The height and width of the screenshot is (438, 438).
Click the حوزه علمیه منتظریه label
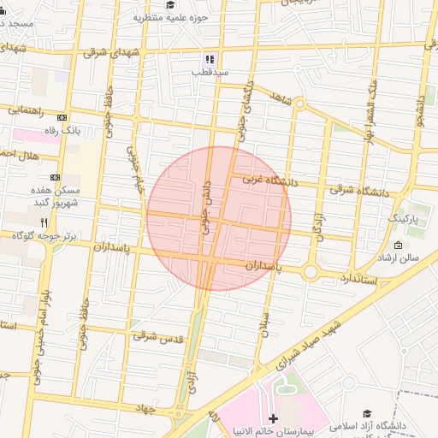pyautogui.click(x=178, y=17)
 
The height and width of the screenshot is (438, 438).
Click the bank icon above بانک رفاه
pyautogui.click(x=62, y=118)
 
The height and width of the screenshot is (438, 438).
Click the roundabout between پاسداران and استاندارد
pyautogui.click(x=311, y=272)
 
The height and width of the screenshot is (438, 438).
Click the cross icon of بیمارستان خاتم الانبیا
pyautogui.click(x=273, y=418)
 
